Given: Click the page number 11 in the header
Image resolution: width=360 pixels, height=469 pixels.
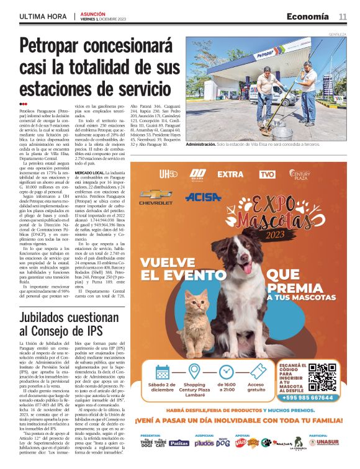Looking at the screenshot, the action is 343,16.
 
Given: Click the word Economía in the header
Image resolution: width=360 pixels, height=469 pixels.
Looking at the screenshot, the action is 308,16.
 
